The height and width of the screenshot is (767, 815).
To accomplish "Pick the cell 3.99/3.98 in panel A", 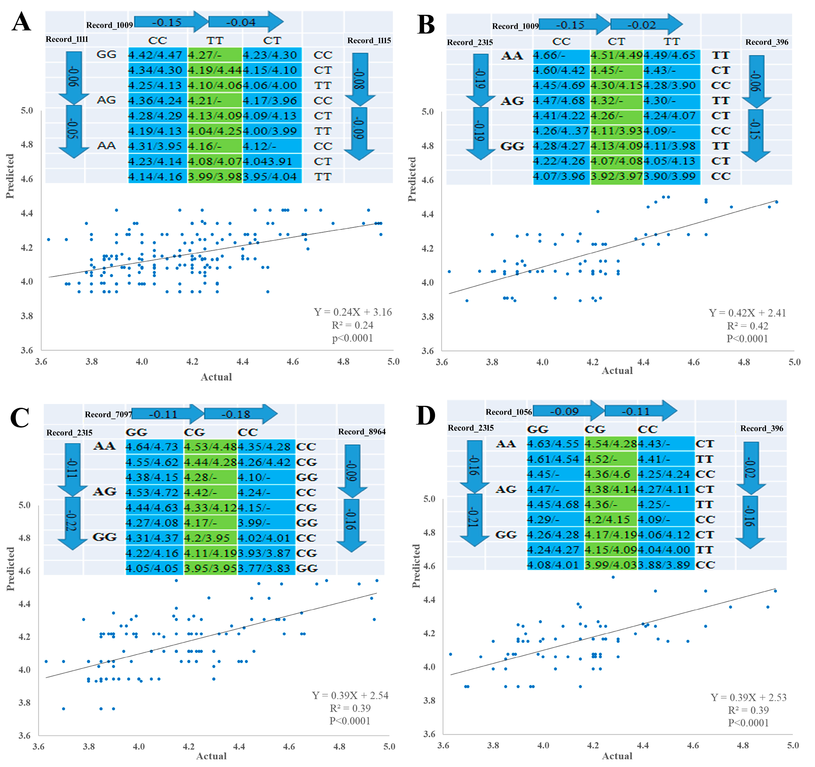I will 214,177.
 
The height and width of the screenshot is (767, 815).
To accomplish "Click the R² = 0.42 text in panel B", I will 747,326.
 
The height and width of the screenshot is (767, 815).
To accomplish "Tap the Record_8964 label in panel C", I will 362,432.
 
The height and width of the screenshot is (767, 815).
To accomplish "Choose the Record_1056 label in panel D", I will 508,412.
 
